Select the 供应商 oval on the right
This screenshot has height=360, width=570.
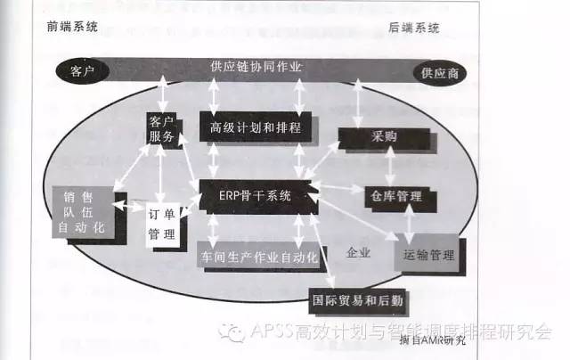coord(440,71)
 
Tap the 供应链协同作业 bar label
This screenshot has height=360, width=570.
coord(256,67)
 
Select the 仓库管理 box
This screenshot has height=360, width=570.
coord(398,195)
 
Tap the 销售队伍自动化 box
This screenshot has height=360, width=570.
coord(85,213)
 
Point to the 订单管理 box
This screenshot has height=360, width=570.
coord(160,223)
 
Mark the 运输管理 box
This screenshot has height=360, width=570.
coord(427,255)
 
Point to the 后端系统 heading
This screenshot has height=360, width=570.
coord(414,28)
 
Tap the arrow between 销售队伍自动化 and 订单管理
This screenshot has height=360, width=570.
coord(129,209)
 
